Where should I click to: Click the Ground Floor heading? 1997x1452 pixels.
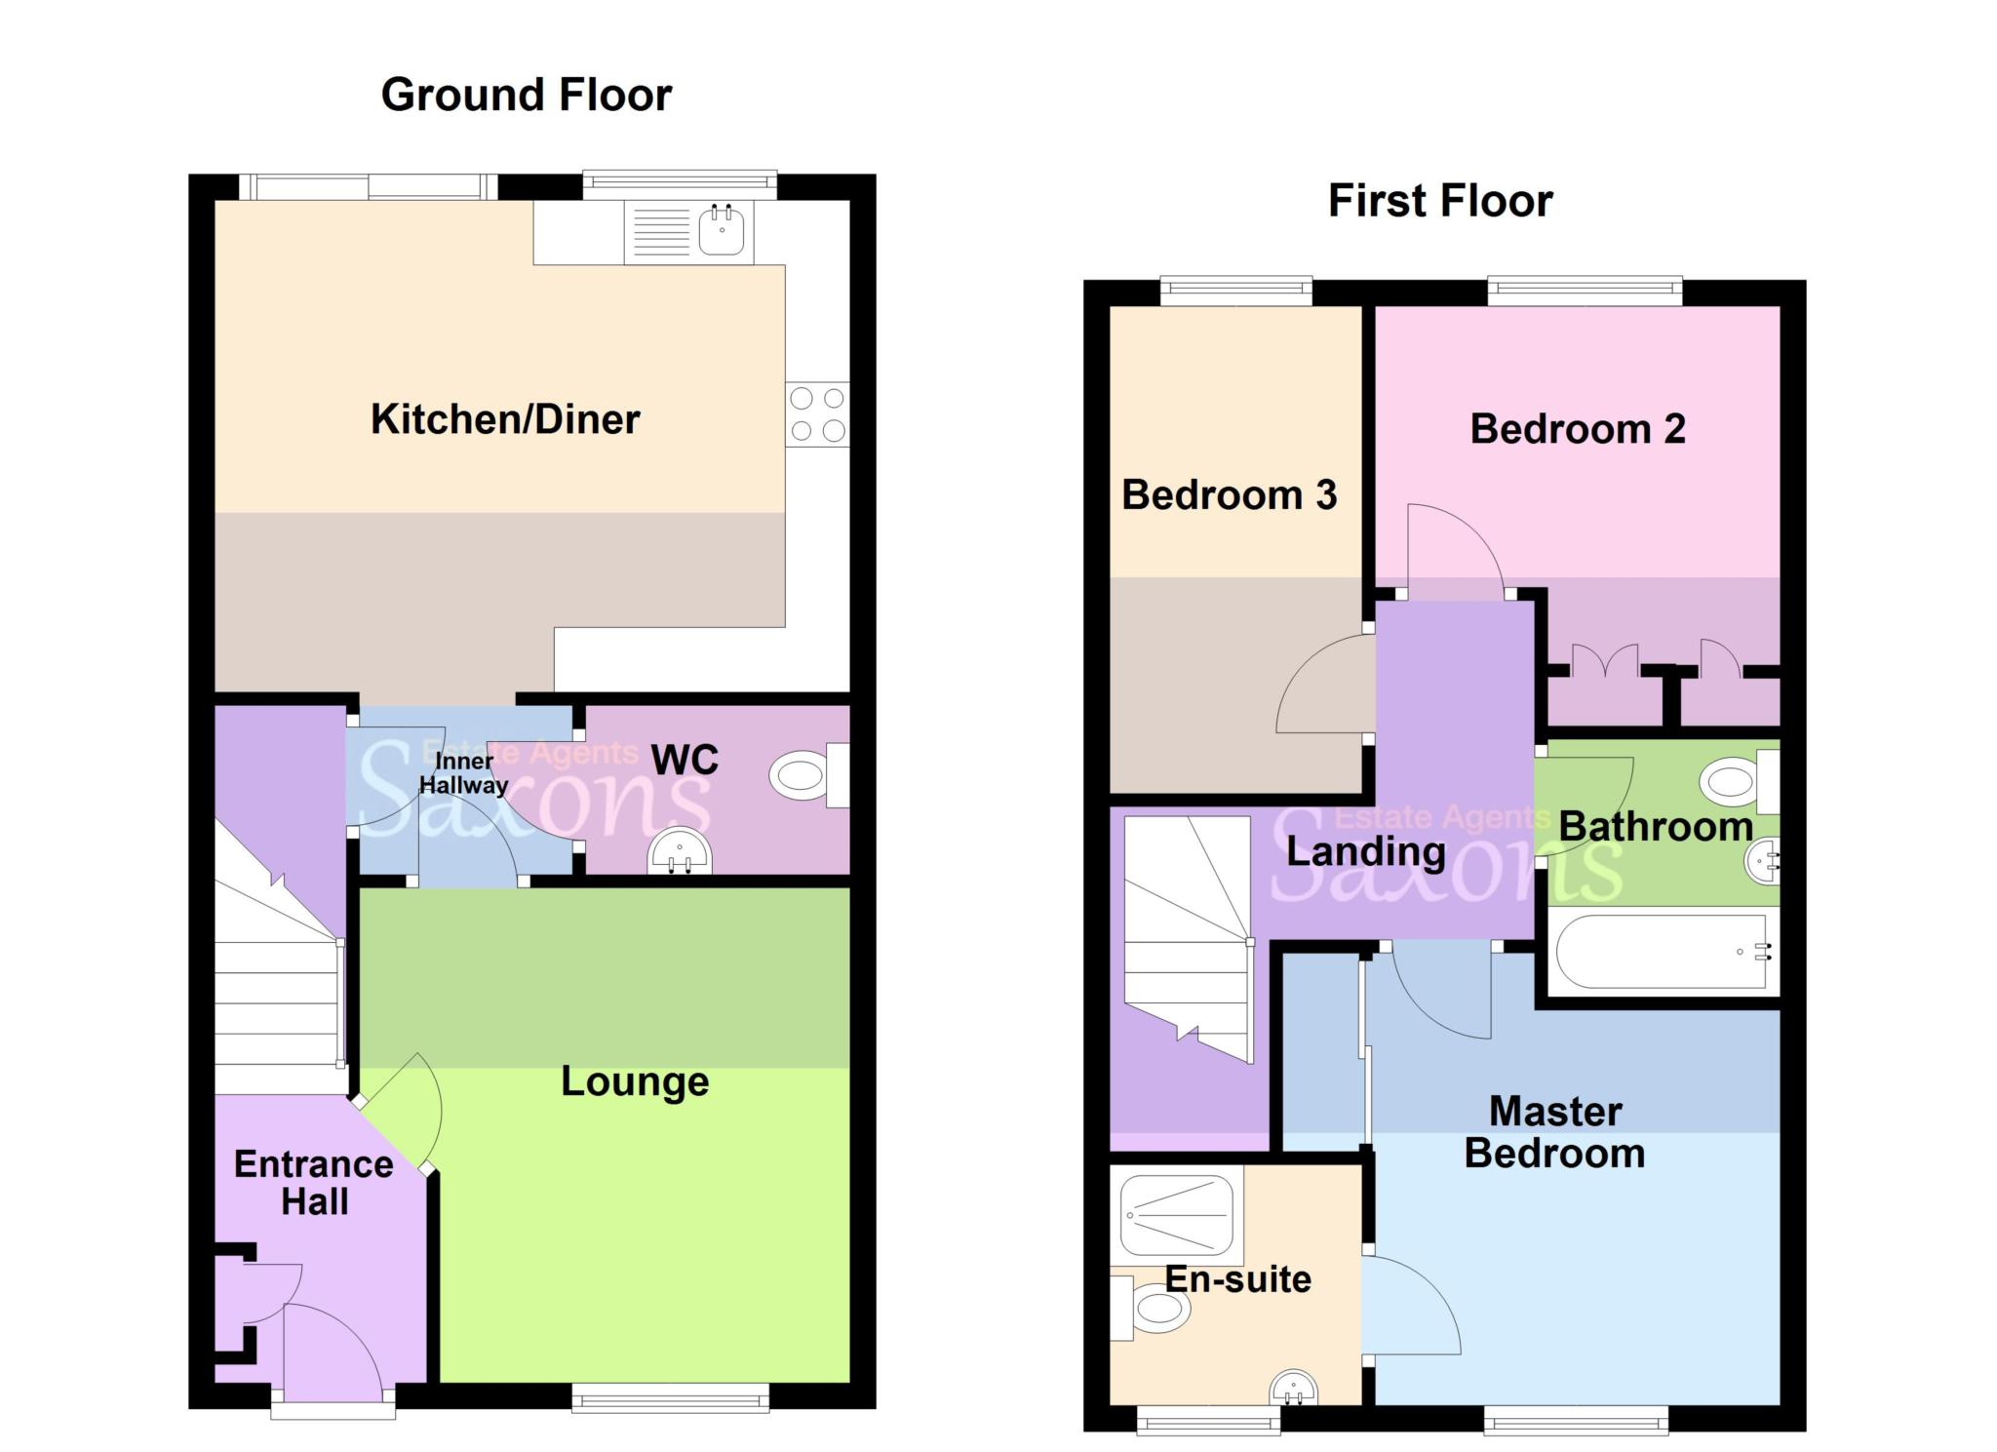coord(526,96)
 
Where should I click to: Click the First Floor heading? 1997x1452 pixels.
coord(1439,201)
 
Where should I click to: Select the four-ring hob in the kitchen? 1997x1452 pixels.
coord(817,414)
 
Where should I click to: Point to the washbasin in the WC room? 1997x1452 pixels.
coord(680,851)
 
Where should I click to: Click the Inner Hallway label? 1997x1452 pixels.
coord(463,773)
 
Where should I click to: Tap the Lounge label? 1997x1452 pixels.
coord(635,1081)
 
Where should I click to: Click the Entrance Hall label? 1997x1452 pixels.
coord(314,1183)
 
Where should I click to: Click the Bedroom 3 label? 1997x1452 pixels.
coord(1229,495)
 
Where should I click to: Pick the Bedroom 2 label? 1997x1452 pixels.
coord(1577,429)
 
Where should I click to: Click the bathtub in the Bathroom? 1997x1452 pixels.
coord(1661,952)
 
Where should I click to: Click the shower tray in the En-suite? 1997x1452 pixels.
coord(1175,1214)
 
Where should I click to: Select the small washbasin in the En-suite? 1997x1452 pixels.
coord(1293,1388)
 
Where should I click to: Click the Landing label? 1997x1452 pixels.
coord(1365,852)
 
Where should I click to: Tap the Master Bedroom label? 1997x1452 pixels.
coord(1554,1132)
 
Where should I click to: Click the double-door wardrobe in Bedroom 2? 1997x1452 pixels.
coord(1605,696)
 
